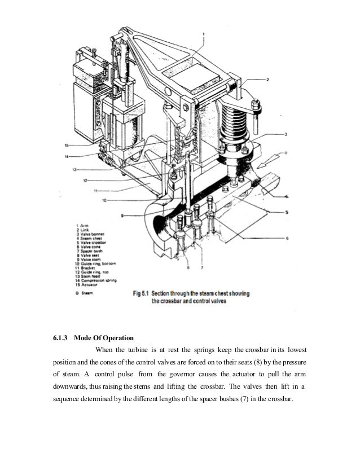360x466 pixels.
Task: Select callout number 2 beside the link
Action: pos(268,80)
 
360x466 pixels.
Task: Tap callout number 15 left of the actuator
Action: pos(67,145)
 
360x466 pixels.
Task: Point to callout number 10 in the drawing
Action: pos(105,200)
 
